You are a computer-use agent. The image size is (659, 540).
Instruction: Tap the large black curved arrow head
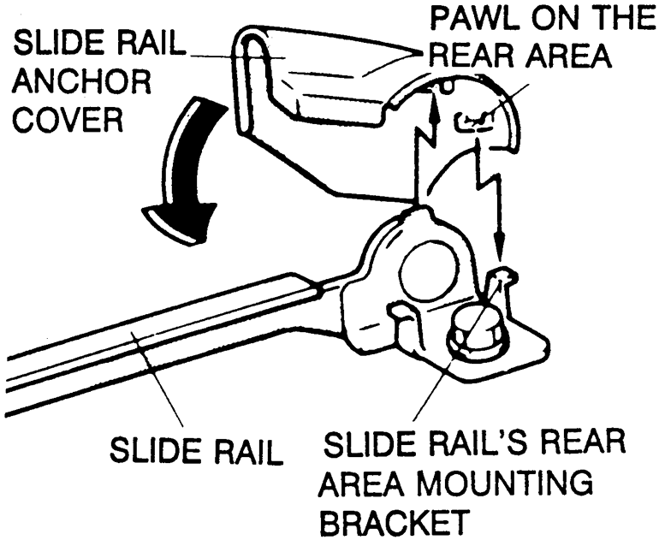click(175, 220)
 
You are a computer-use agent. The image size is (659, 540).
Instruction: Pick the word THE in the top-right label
click(615, 19)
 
